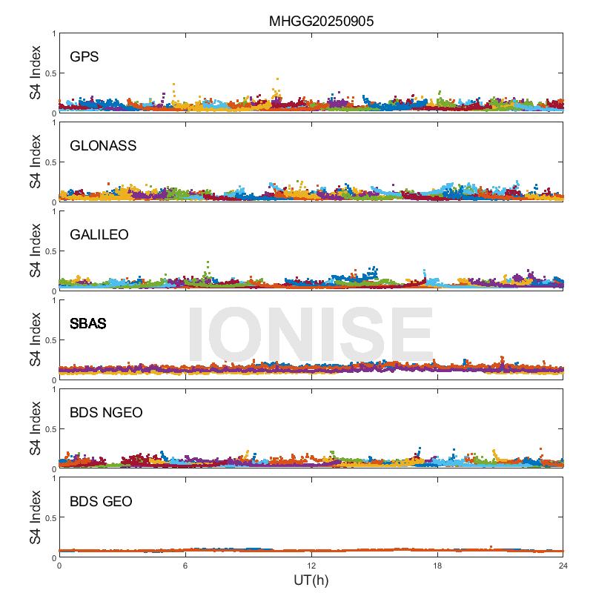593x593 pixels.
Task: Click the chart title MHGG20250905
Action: (321, 21)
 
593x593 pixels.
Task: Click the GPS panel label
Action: (85, 57)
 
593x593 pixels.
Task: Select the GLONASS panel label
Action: (103, 146)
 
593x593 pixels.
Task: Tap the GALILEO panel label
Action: (99, 235)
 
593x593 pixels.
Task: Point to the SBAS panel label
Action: (88, 324)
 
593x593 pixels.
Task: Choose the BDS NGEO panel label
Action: (106, 413)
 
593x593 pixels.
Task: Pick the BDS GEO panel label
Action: (101, 502)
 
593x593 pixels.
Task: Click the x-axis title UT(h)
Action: (311, 580)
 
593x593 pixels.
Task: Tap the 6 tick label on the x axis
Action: (185, 566)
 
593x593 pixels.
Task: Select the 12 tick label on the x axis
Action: (311, 566)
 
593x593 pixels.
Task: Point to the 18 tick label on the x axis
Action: (437, 566)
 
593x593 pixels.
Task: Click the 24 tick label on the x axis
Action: (563, 566)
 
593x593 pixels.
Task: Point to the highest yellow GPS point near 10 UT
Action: (277, 79)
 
